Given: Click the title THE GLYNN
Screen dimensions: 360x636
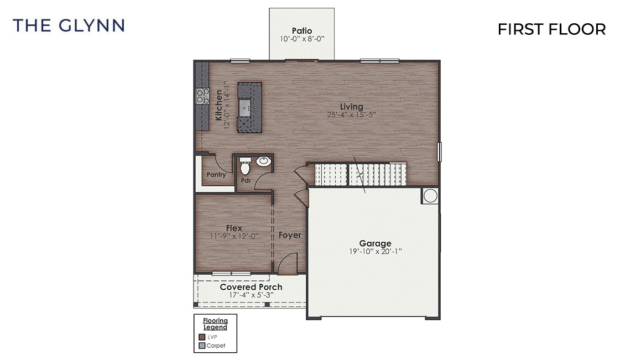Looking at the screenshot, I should [69, 25].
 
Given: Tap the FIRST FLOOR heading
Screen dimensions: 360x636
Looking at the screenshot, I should [551, 29].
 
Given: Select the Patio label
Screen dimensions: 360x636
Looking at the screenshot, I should [301, 31].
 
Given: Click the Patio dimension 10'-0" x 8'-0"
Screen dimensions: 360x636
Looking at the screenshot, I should [301, 40].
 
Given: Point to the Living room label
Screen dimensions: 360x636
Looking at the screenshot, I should [352, 107].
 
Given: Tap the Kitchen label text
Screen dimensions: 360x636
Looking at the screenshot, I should [219, 105].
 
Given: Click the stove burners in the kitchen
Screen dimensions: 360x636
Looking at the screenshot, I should [202, 97].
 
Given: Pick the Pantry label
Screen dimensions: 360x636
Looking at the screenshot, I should [216, 175].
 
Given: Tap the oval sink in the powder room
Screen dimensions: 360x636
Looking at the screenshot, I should [263, 161].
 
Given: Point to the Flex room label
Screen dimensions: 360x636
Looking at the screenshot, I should [234, 228].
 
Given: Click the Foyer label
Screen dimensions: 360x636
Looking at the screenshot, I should [290, 235].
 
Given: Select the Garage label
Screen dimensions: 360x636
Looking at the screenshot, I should [375, 243].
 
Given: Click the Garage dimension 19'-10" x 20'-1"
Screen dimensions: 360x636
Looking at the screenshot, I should [375, 252].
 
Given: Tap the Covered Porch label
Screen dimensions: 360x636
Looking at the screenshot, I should [251, 287].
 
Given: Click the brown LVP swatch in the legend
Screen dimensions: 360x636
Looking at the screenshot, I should [202, 337].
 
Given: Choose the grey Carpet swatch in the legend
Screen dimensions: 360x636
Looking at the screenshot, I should [202, 346].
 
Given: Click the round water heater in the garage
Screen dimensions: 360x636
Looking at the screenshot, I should [430, 195].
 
